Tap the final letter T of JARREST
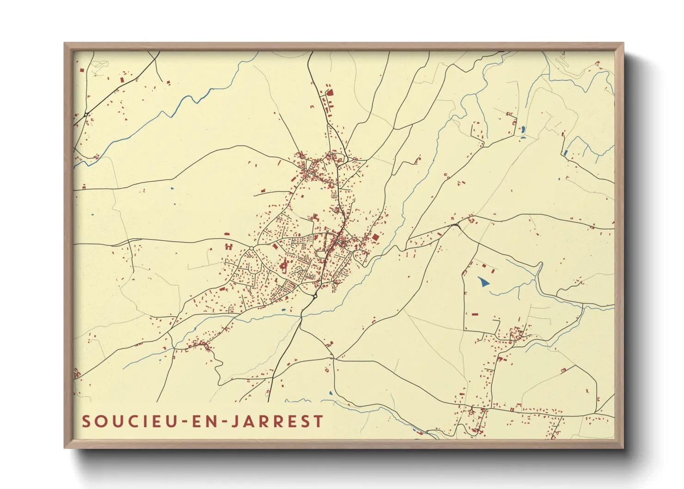tap(318, 421)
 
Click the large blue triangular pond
tap(483, 281)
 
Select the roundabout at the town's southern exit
tap(315, 296)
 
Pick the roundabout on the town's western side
tap(251, 249)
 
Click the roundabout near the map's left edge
tap(86, 114)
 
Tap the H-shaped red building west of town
tap(228, 247)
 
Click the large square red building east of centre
tap(375, 237)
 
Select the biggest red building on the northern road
tap(330, 92)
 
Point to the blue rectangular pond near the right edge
tap(565, 153)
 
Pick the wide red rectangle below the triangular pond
tap(475, 314)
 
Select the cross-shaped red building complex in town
tap(284, 266)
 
